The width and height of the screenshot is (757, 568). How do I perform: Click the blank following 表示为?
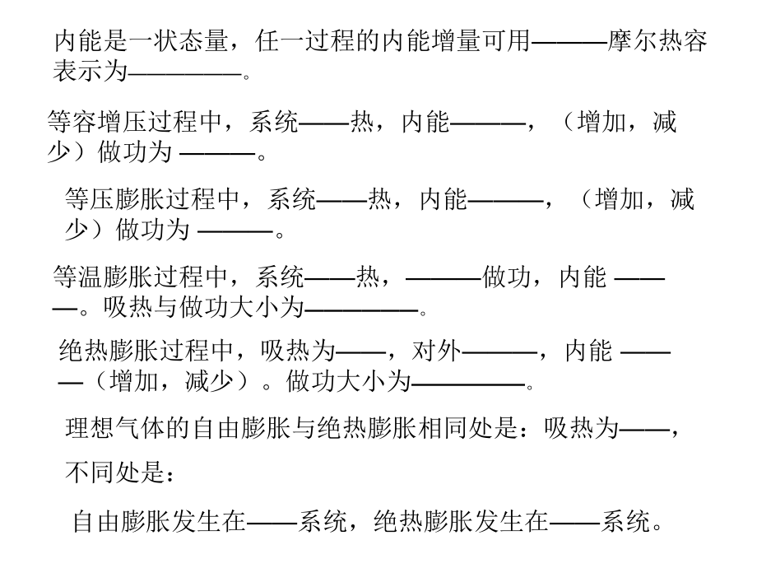point(186,73)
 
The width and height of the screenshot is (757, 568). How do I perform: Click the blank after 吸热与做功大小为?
point(362,310)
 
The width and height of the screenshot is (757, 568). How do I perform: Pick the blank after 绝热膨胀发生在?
point(574,522)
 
